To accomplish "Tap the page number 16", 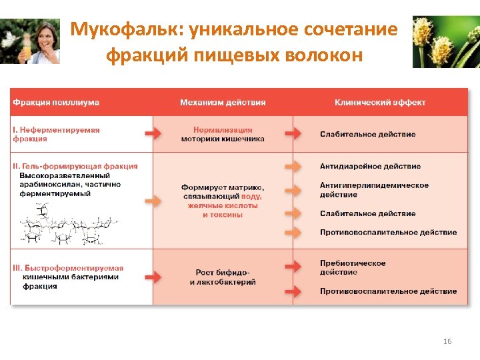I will (447, 341).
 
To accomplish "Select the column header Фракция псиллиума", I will (56, 102).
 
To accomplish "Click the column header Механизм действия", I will (223, 102).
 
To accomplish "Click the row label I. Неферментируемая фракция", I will (56, 134).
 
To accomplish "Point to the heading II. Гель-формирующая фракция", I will (75, 166).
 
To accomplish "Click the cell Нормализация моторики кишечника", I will (223, 134).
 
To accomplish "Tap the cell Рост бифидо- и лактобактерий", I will (223, 277).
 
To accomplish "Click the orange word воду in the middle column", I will (251, 197).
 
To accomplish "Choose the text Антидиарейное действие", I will (370, 166).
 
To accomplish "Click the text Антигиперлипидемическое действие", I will (374, 190).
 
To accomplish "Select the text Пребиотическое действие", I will (353, 267).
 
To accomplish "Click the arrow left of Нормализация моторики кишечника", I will (153, 134).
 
